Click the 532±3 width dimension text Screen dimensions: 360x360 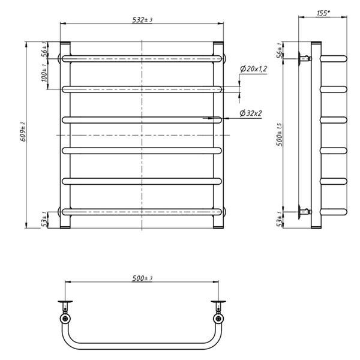[x=142, y=20]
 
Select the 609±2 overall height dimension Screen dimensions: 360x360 [x=24, y=131]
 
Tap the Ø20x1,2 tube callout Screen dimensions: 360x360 [x=253, y=68]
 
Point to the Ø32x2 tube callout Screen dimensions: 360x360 [x=250, y=113]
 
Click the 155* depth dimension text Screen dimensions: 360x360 [x=323, y=13]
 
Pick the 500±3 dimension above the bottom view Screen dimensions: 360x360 [x=142, y=278]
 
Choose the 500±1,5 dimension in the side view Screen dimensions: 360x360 [x=280, y=134]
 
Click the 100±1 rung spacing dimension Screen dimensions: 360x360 [x=44, y=73]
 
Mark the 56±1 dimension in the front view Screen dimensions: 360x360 [x=44, y=50]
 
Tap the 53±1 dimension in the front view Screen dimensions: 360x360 [x=44, y=220]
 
